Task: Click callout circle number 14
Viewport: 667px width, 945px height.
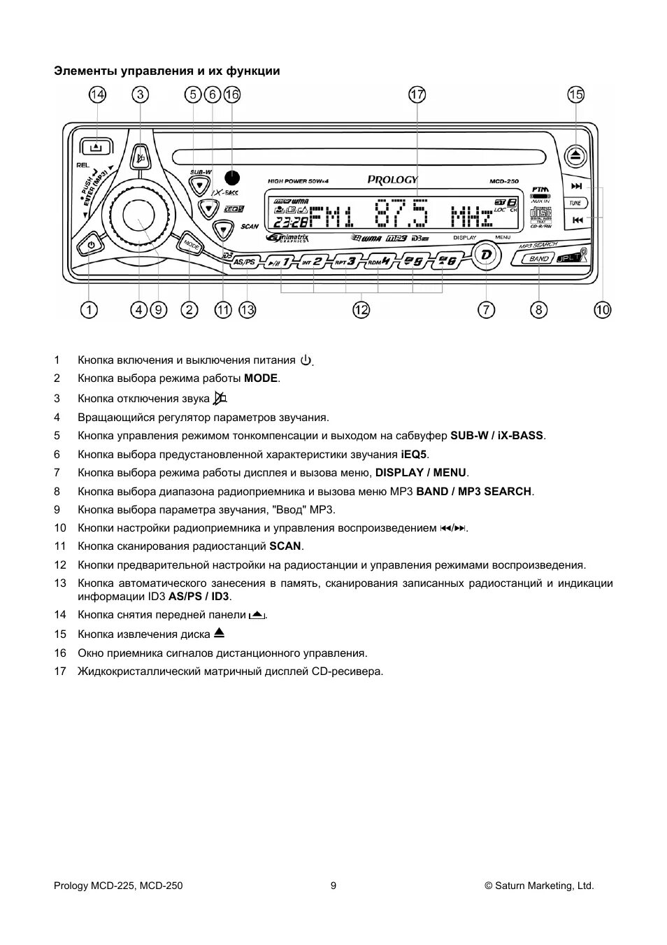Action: coord(98,94)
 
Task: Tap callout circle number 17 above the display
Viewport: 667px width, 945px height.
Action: coord(417,94)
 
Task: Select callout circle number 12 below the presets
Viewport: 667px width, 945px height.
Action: coord(361,309)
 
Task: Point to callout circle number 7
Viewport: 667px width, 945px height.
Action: coord(487,309)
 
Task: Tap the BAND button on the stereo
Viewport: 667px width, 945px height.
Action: coord(538,259)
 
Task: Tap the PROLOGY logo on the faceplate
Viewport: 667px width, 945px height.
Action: coord(393,180)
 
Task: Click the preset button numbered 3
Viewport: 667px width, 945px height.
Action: coord(347,262)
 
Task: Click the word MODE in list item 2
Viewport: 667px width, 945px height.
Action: coord(261,378)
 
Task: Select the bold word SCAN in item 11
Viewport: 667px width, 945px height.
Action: coord(285,546)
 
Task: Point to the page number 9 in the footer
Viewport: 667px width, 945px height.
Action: coord(333,886)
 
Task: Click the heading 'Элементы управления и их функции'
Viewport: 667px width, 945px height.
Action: coord(167,71)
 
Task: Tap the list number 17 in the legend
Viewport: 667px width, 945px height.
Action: coord(60,672)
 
